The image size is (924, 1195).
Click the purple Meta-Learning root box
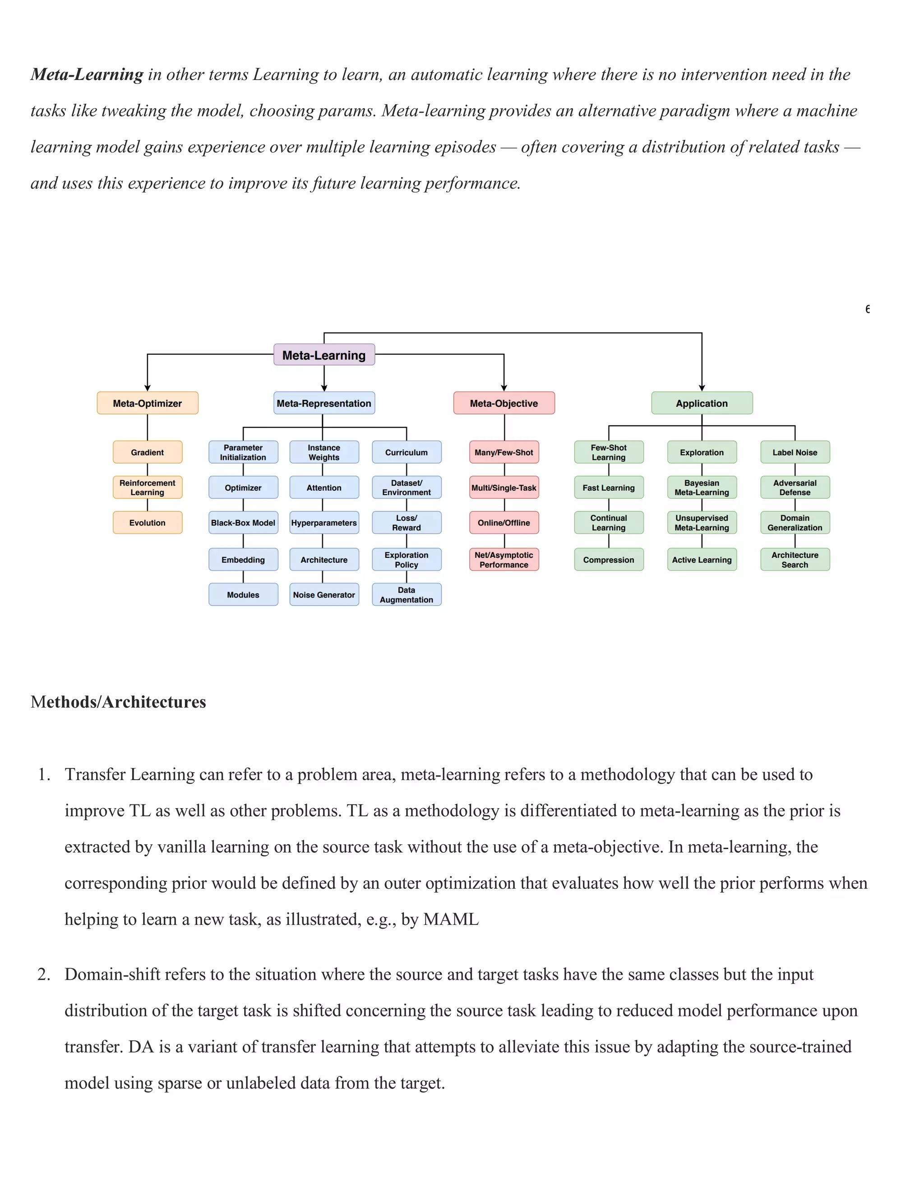tap(324, 354)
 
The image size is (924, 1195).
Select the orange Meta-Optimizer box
tap(147, 403)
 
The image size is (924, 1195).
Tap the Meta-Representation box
tap(324, 403)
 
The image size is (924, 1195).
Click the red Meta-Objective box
tap(504, 403)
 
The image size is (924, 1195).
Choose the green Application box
tap(702, 403)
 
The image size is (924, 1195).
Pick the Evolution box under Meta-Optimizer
tap(147, 523)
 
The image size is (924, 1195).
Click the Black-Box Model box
tap(243, 523)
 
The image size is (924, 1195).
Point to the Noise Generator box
tap(324, 594)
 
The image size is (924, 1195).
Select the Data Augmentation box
tap(406, 594)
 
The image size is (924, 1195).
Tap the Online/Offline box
tap(504, 523)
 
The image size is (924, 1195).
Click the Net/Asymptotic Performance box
tap(504, 559)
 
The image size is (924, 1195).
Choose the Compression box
tap(609, 559)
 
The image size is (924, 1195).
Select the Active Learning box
tap(702, 559)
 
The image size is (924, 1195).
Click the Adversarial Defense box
tap(795, 487)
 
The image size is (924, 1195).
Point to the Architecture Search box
tap(795, 559)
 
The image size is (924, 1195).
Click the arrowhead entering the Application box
tap(702, 388)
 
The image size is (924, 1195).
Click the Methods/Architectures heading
tap(118, 702)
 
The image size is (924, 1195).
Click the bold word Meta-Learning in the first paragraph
tap(87, 74)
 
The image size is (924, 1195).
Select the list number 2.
tap(43, 974)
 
